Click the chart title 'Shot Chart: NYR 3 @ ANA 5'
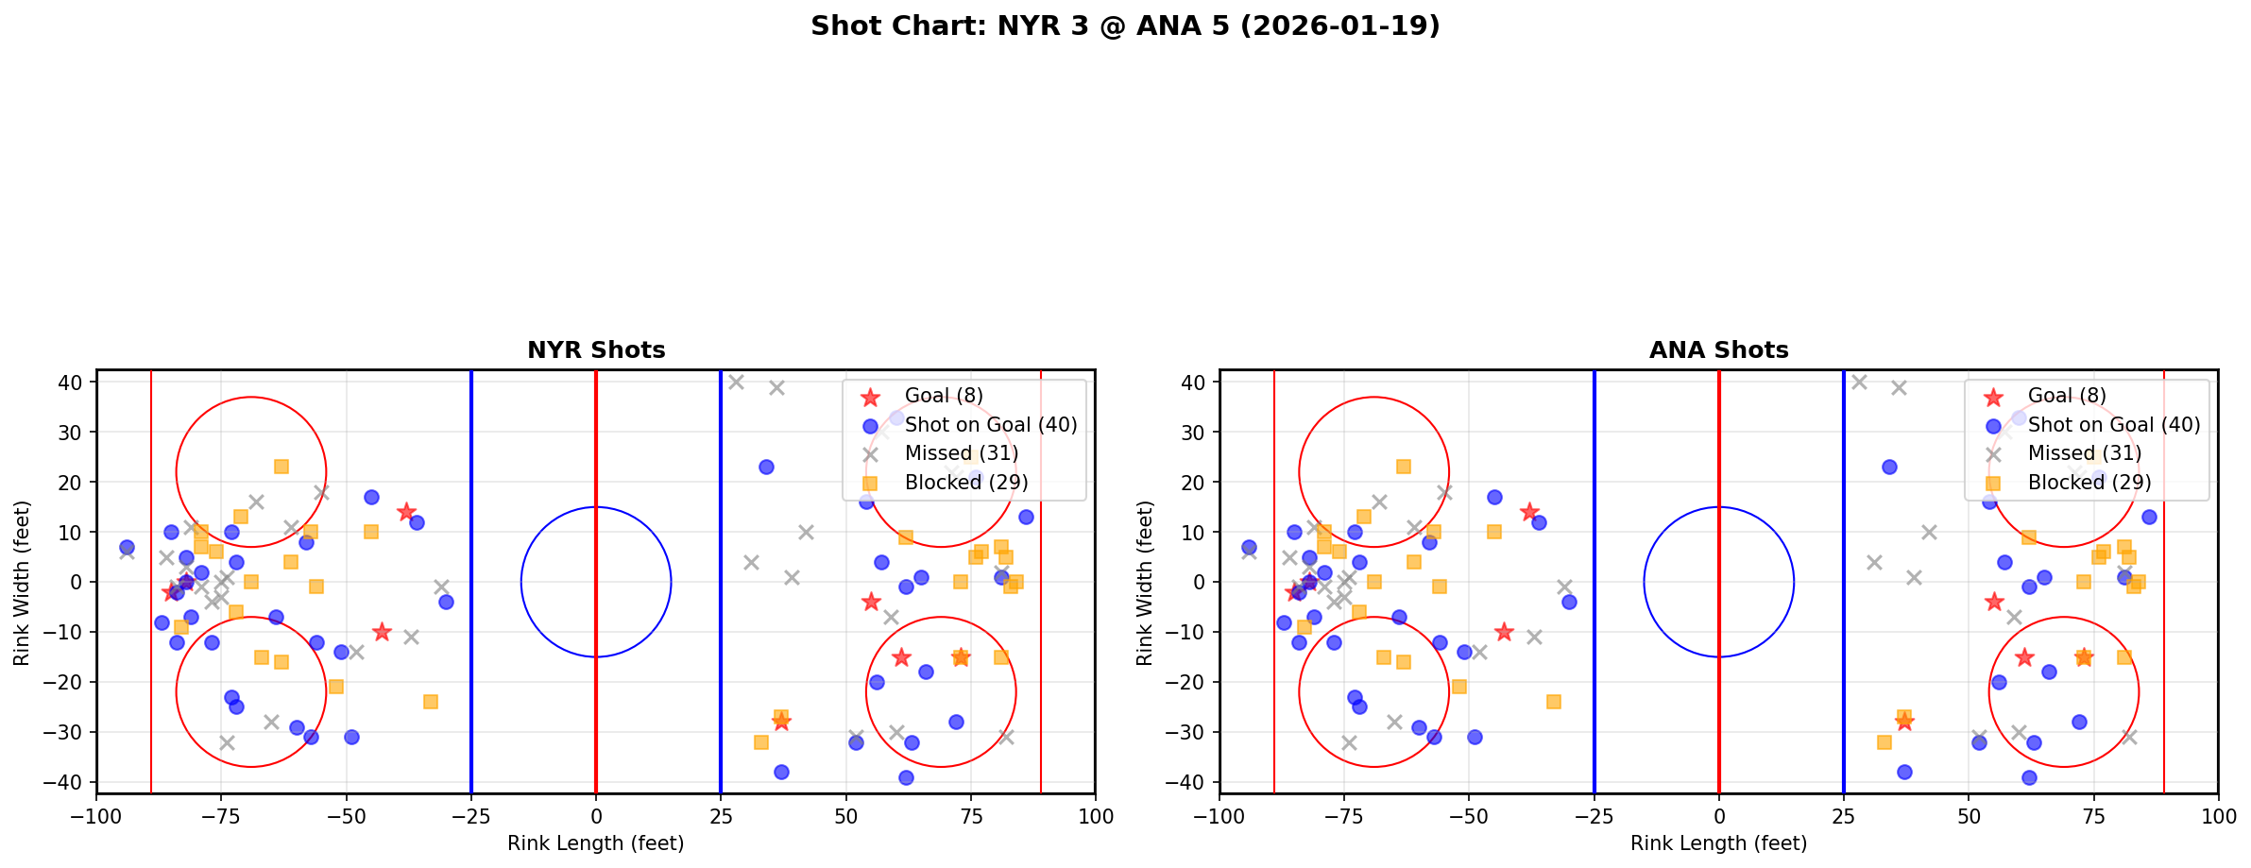tap(1125, 26)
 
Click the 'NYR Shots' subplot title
tap(596, 350)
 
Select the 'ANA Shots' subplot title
tap(1718, 350)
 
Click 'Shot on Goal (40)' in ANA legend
tap(2114, 425)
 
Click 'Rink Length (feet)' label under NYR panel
tap(596, 843)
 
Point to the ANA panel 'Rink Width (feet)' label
tap(1145, 582)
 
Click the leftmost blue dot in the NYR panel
tap(127, 547)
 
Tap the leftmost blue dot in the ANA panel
tap(1249, 547)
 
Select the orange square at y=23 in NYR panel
tap(281, 467)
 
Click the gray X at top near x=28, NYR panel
tap(736, 383)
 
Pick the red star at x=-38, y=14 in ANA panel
tap(1529, 512)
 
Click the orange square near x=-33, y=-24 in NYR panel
tap(431, 702)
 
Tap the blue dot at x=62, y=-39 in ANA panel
tap(2029, 777)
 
